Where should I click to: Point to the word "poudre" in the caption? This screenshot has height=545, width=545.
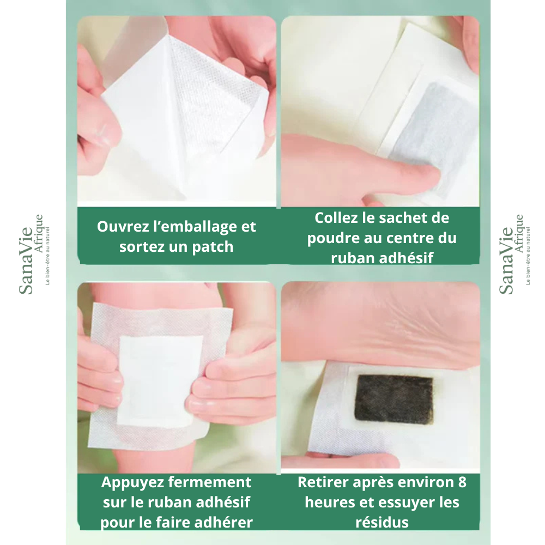(x=330, y=238)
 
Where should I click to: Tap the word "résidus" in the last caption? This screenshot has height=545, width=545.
(x=381, y=523)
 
